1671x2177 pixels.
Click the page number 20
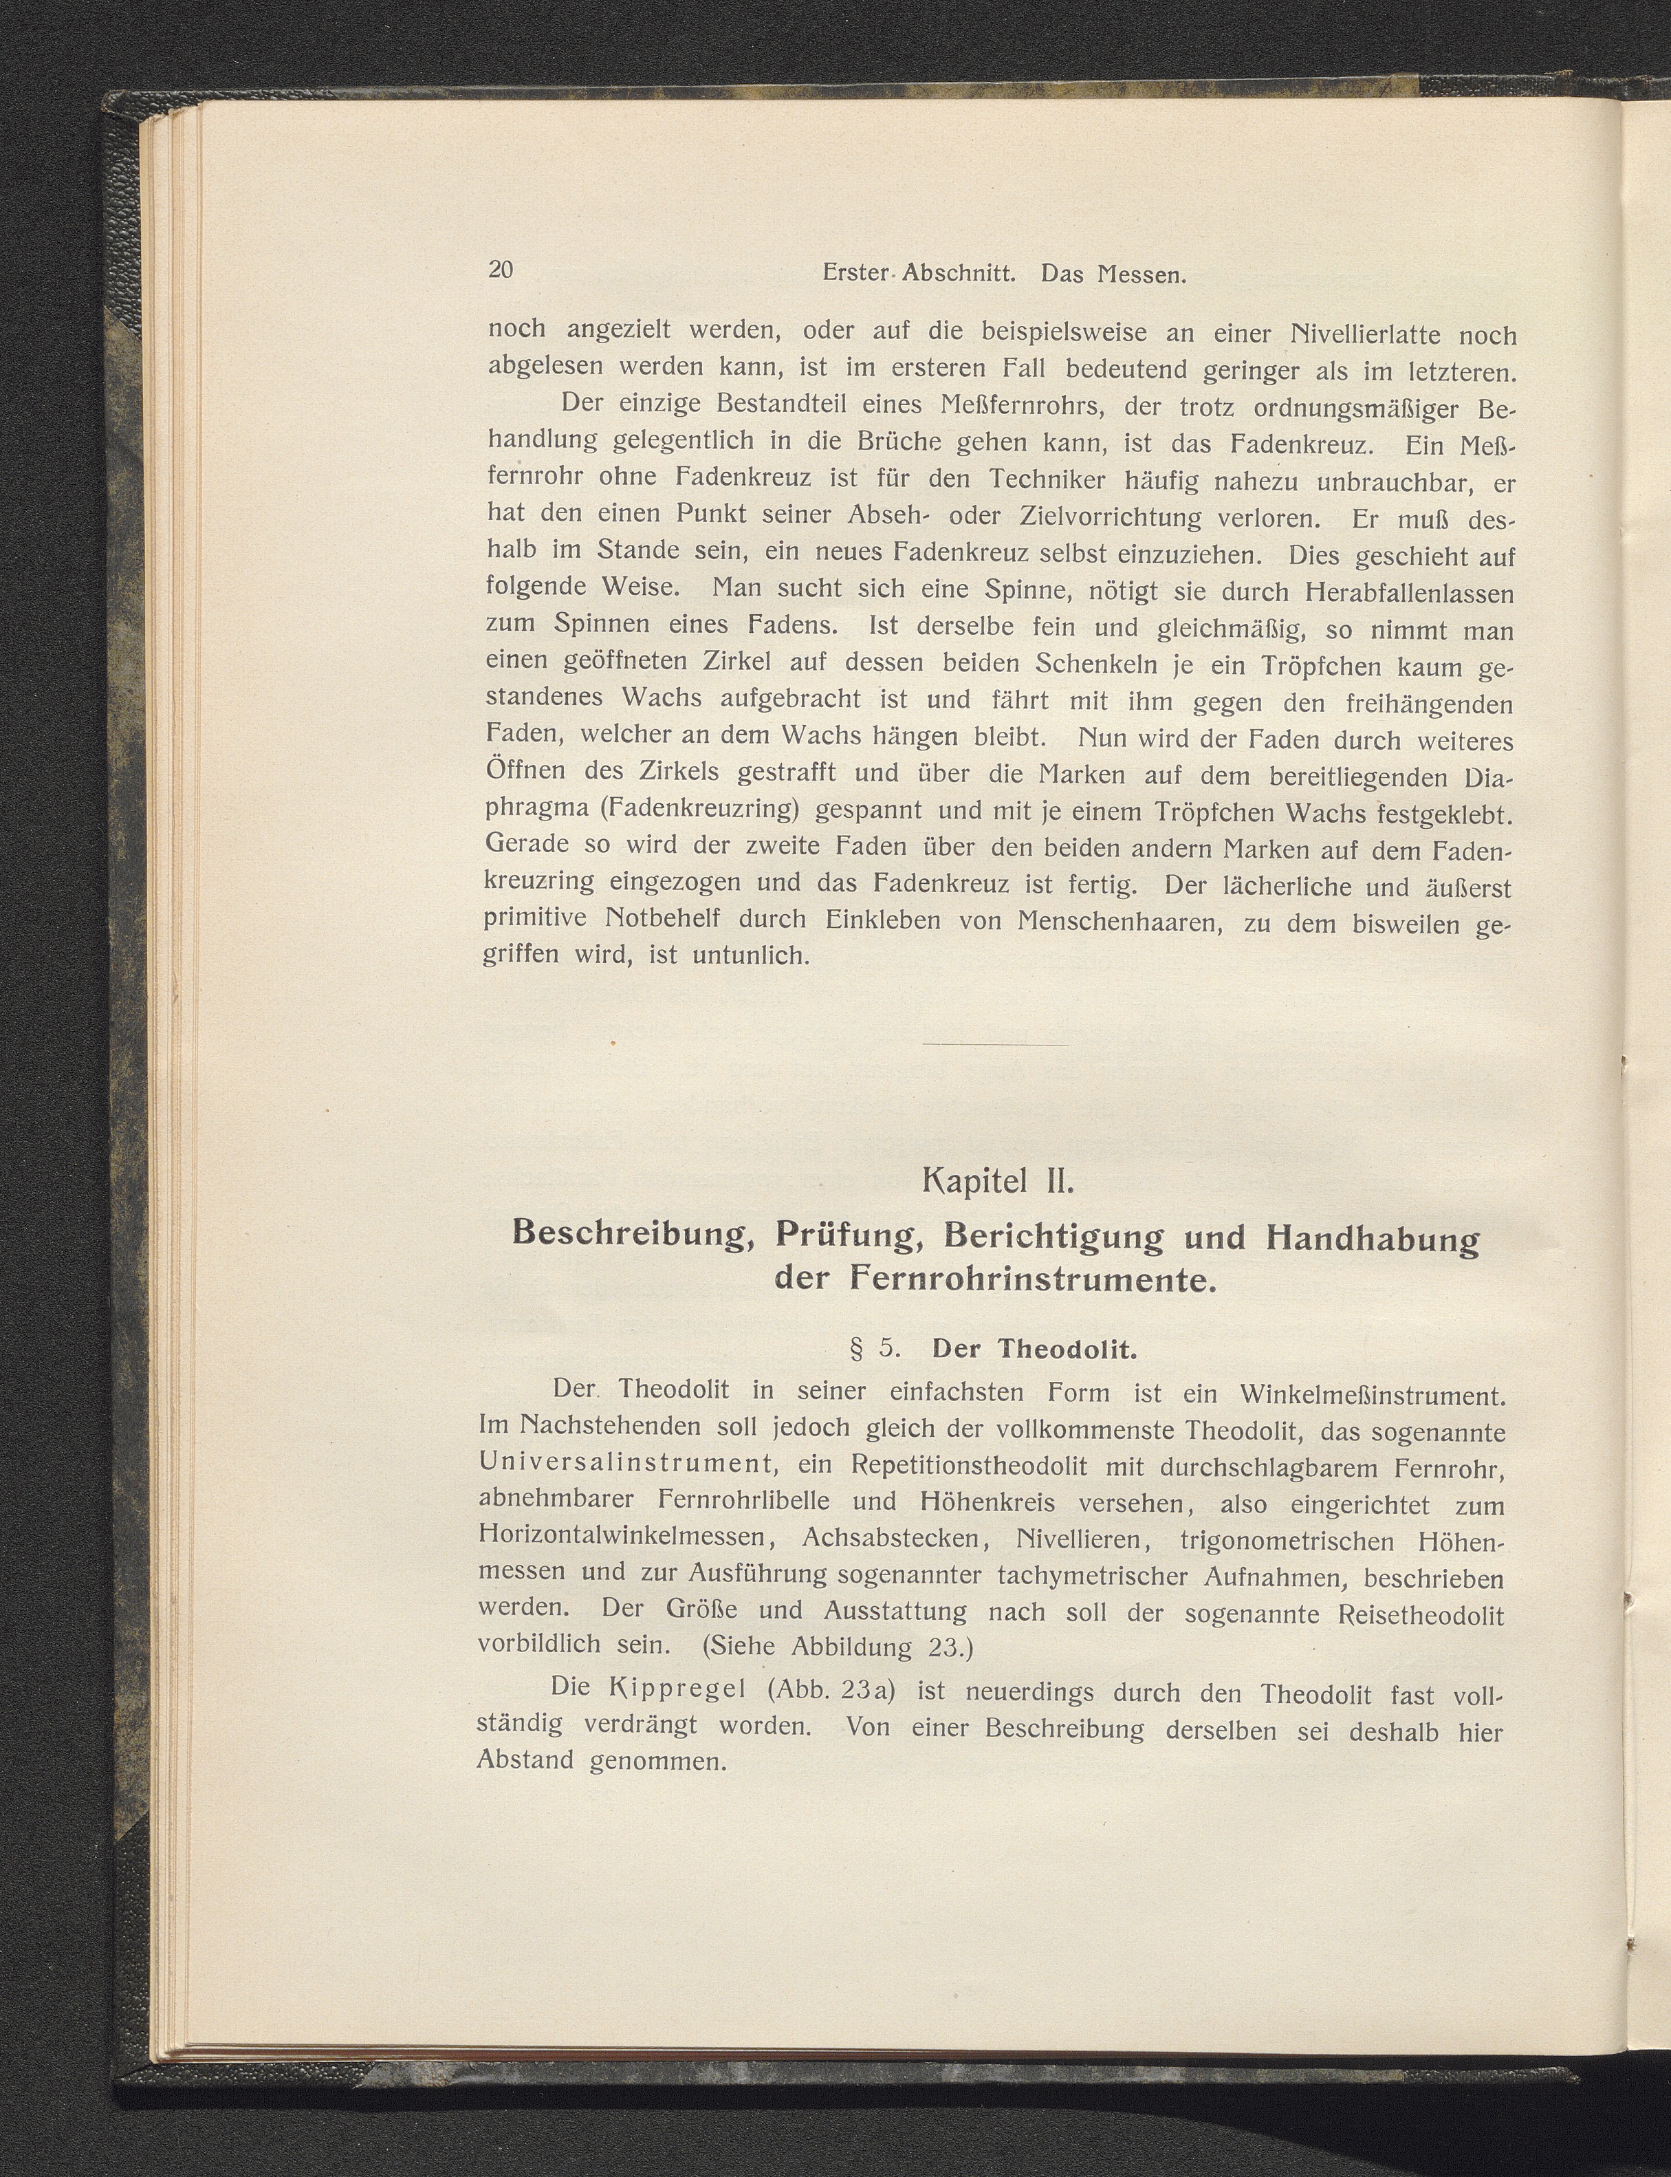[501, 269]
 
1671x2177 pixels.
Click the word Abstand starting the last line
[525, 1760]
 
